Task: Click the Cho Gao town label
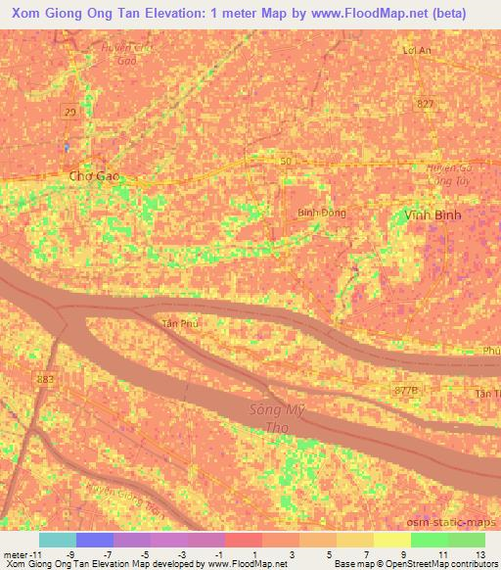tap(94, 177)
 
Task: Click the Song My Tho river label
tap(275, 421)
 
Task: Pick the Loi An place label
tap(418, 49)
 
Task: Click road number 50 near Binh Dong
tap(286, 160)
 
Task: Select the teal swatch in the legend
tap(57, 540)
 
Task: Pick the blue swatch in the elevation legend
tap(94, 540)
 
